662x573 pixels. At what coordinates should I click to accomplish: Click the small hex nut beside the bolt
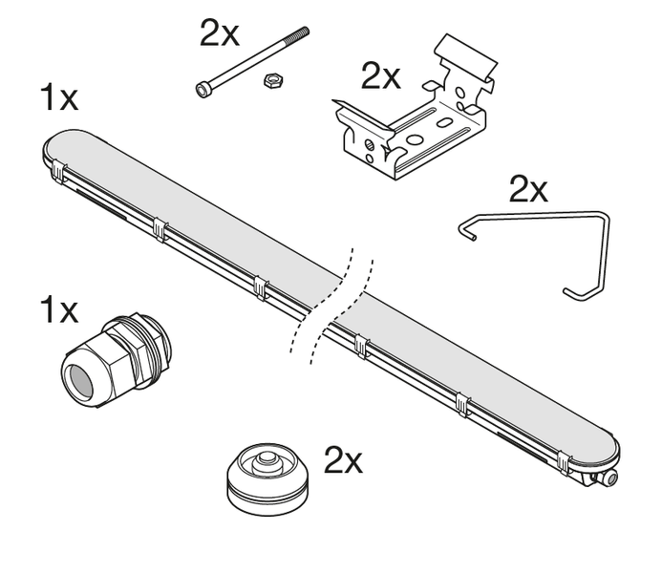[273, 79]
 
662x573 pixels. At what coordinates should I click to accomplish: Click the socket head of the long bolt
[203, 89]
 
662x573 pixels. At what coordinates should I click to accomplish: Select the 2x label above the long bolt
[219, 32]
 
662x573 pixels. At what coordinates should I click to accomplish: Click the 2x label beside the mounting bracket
[380, 76]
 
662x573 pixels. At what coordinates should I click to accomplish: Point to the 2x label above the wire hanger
[528, 188]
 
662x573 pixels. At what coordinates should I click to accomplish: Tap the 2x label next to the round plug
[343, 460]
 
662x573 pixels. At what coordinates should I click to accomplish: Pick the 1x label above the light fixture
[58, 97]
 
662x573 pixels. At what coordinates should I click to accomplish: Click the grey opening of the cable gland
[80, 381]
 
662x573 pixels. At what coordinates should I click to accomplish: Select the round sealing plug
[267, 479]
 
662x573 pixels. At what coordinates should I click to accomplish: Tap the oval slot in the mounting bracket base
[444, 122]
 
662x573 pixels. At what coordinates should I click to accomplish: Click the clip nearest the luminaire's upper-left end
[58, 172]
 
